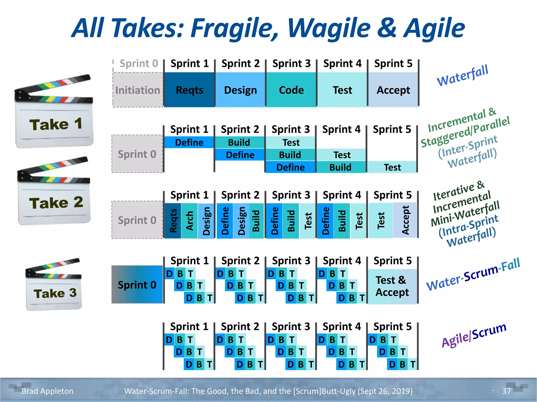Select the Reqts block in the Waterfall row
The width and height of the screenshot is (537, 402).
point(189,90)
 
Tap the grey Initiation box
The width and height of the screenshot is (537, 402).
point(138,90)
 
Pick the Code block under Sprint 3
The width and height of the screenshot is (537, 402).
point(291,90)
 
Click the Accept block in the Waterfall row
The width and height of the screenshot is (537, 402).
point(393,90)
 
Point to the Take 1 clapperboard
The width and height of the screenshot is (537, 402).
point(54,113)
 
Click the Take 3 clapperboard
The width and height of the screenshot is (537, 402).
point(54,285)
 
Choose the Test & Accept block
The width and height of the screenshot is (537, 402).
point(392,286)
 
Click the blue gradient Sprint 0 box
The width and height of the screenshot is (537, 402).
point(137,284)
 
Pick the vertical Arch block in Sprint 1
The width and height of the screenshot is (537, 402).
point(189,221)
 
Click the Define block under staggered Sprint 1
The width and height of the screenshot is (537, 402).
point(189,142)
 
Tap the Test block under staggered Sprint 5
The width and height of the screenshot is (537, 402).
point(392,167)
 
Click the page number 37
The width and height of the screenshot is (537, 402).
point(506,391)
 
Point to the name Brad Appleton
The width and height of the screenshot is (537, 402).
point(47,391)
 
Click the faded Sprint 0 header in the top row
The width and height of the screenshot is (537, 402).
point(139,64)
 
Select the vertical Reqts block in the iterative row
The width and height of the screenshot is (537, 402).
point(173,221)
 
